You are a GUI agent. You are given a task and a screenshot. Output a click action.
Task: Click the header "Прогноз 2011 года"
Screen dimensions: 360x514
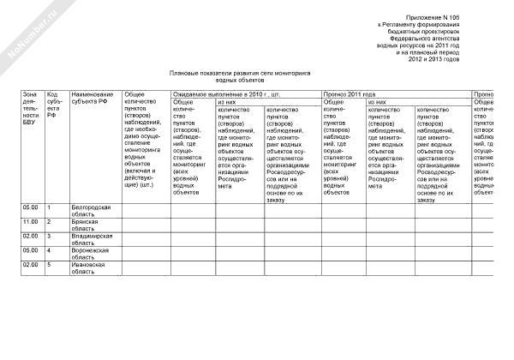[x=350, y=93]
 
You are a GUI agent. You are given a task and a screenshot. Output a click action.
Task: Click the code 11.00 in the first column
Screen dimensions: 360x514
[x=31, y=221]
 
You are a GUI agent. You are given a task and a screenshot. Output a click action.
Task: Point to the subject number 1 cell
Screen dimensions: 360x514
[x=50, y=207]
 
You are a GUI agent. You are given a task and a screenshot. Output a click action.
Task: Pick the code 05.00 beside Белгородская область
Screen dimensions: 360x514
[x=31, y=207]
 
